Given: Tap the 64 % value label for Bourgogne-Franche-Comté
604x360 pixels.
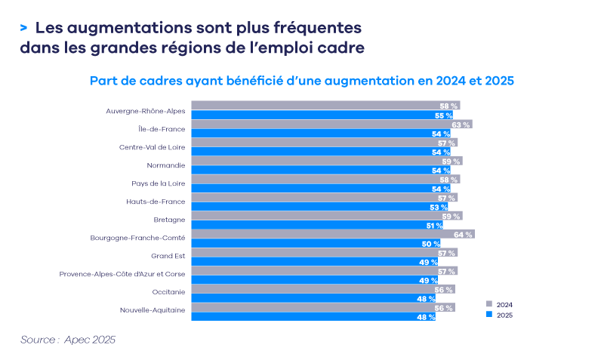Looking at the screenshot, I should point(463,235).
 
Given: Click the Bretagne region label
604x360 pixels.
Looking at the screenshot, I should point(169,220).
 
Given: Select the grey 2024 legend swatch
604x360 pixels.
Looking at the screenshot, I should point(489,304).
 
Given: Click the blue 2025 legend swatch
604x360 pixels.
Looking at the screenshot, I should point(489,314).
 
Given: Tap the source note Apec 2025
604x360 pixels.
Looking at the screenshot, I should point(68,340).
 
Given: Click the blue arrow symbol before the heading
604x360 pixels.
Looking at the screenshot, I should point(24,28).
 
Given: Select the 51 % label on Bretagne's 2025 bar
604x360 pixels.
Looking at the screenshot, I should point(435,226).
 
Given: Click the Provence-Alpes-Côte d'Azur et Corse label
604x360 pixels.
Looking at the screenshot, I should point(122,274).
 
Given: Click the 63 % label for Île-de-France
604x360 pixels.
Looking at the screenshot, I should point(461,125).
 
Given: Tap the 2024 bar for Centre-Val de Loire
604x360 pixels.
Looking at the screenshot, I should point(324,143).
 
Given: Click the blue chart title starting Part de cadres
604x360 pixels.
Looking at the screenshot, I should point(302,80).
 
